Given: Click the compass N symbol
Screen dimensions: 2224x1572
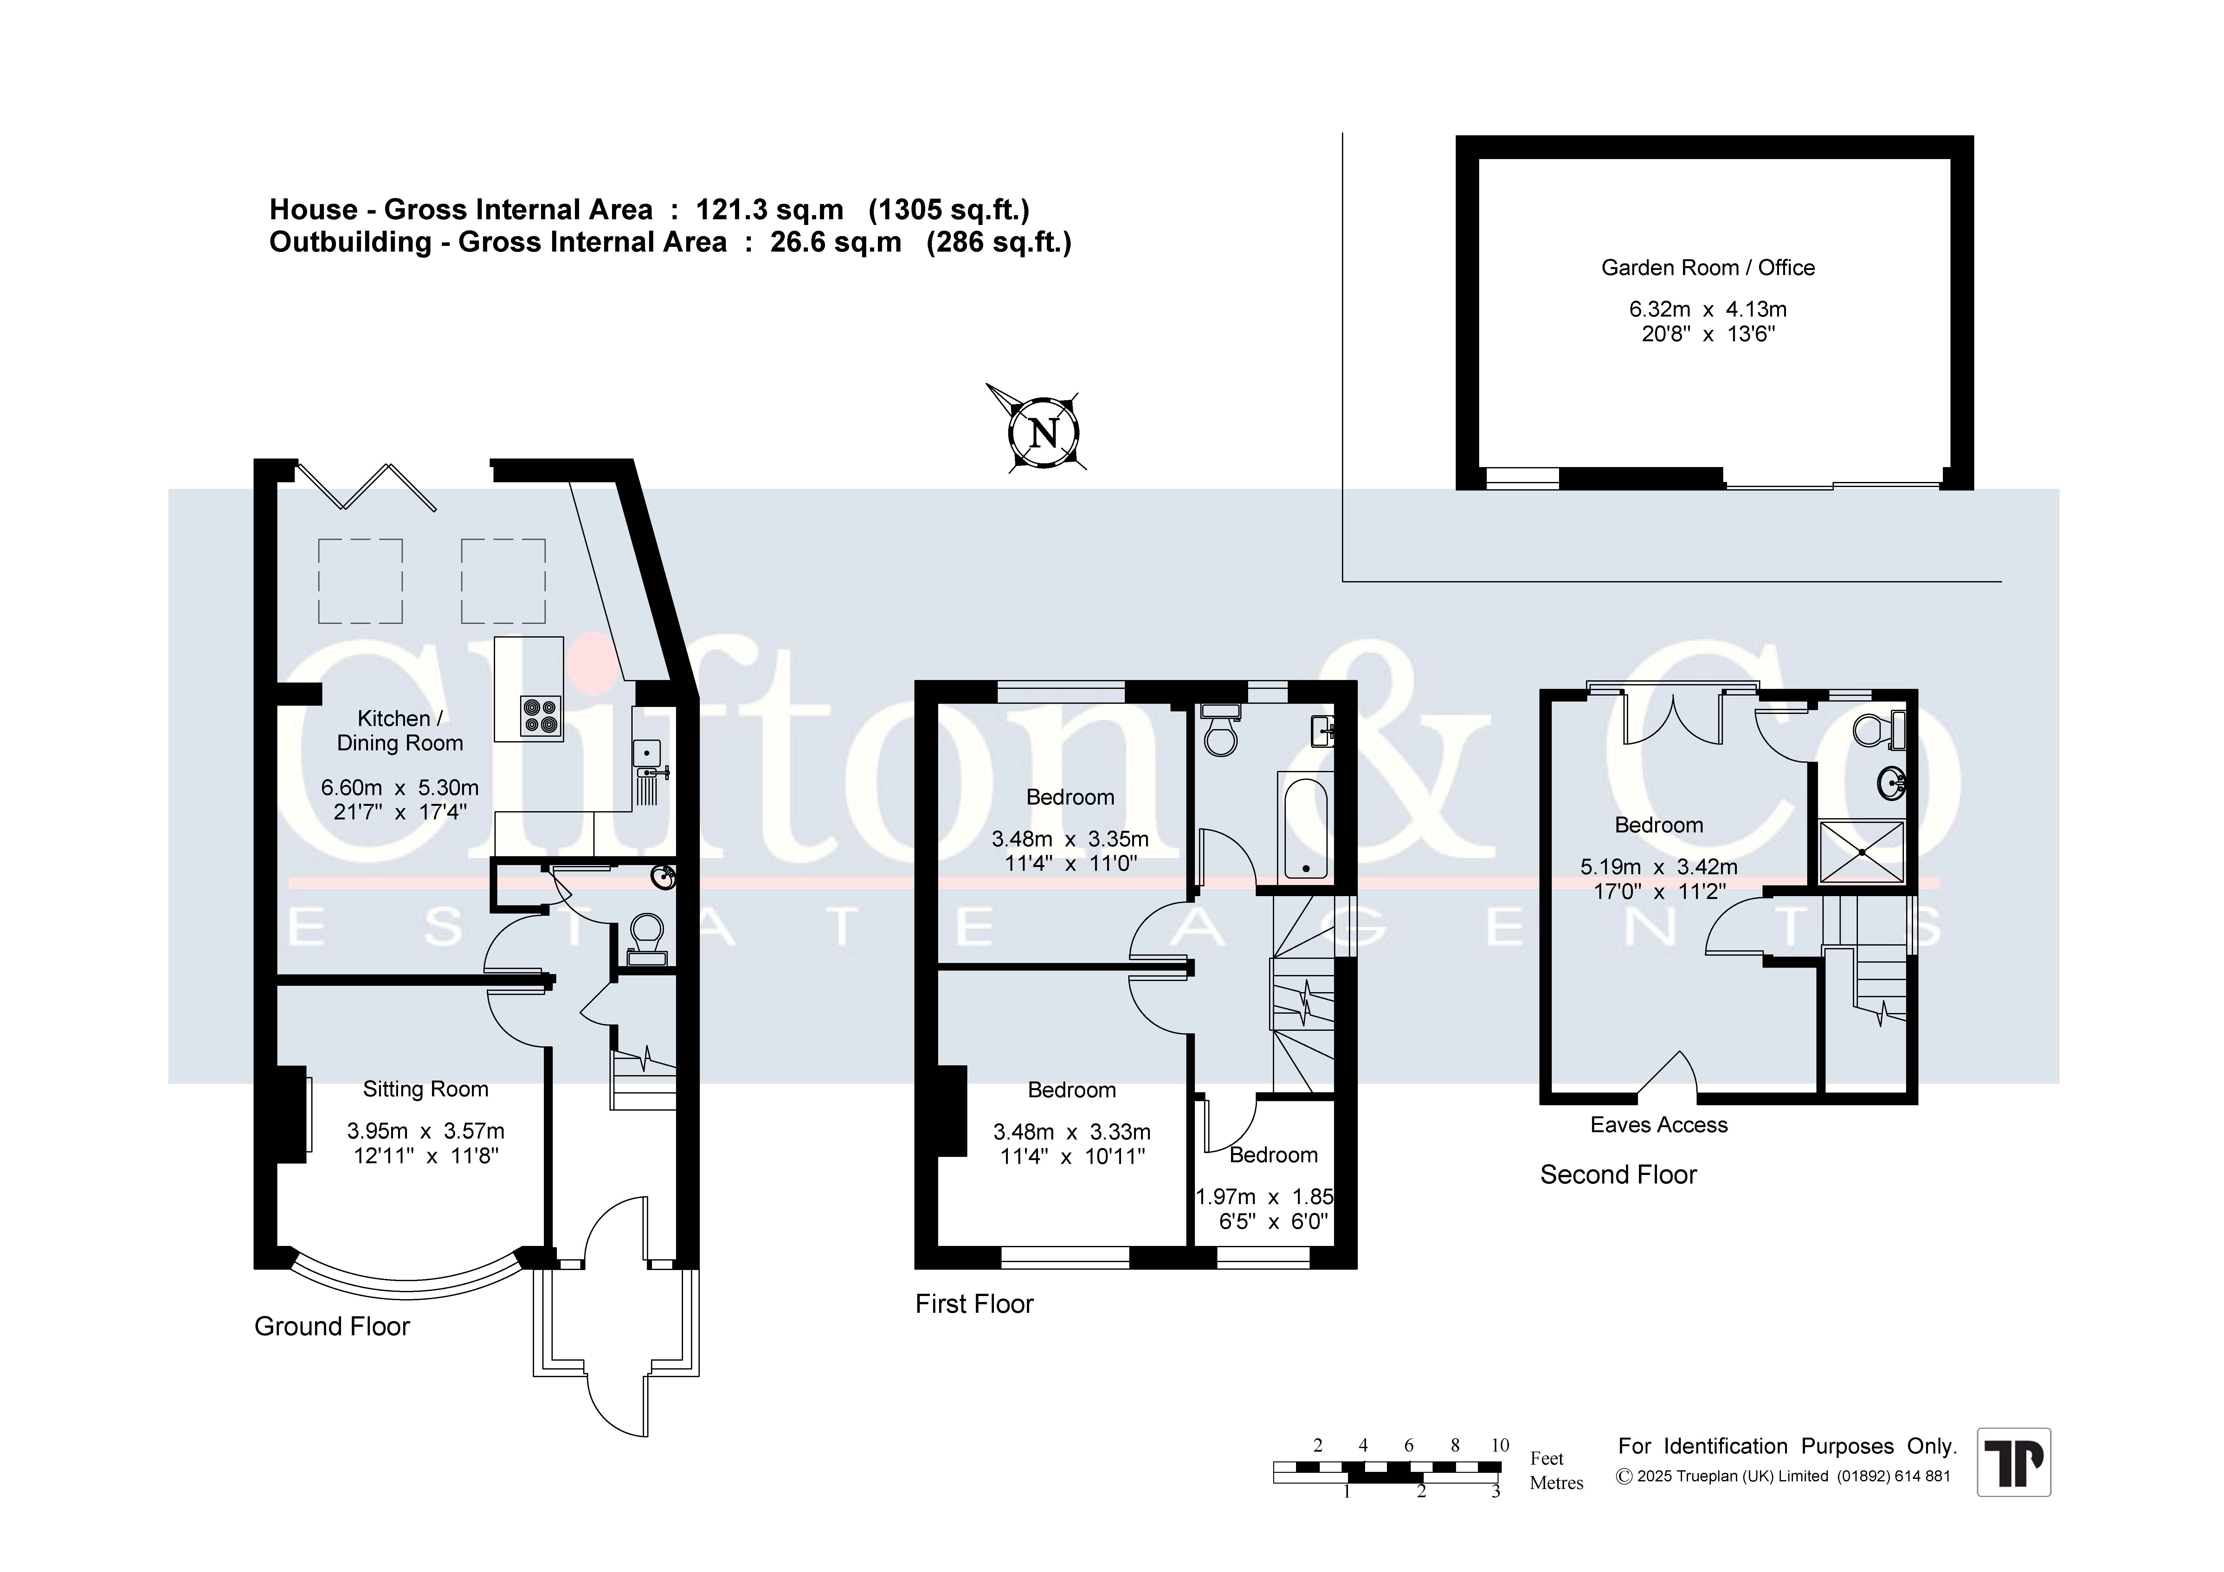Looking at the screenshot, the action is [1043, 432].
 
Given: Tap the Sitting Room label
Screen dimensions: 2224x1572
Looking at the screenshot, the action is [425, 1090].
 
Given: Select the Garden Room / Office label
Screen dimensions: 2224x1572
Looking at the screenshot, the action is [1708, 267].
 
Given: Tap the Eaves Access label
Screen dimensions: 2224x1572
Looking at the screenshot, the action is [1658, 1125].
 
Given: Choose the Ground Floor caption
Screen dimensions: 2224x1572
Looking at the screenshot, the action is [332, 1326].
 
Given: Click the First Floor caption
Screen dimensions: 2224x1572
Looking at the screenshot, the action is [975, 1304].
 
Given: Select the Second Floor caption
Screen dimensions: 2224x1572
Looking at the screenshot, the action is [1619, 1175].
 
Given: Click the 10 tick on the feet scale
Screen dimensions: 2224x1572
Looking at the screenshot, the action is [1499, 1445].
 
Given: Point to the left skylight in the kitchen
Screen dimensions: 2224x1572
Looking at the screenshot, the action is [360, 581].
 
